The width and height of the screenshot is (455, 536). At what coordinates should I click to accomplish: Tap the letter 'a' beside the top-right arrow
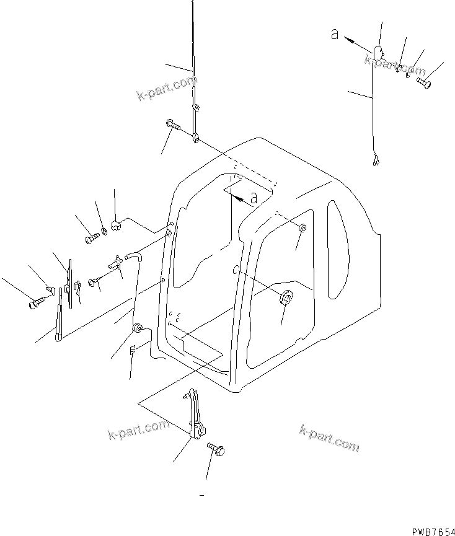click(335, 35)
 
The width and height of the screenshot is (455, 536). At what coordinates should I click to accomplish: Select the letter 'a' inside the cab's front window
click(253, 198)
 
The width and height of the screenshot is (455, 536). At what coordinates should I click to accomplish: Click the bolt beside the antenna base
click(174, 126)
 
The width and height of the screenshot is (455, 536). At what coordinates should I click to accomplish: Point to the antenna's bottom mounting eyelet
click(195, 138)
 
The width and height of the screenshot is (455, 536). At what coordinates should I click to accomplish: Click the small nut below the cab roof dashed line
click(302, 229)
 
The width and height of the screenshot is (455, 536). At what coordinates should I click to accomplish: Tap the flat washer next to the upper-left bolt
click(104, 231)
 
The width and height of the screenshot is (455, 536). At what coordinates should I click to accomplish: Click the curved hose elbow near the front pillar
click(133, 253)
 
